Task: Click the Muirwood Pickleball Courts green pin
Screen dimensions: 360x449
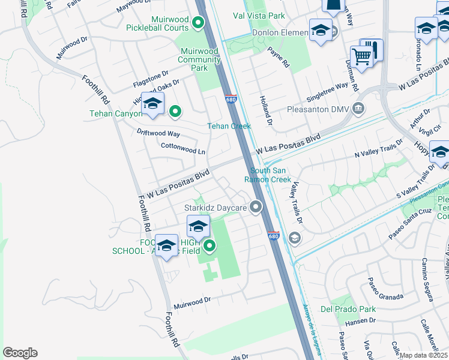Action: (x=199, y=23)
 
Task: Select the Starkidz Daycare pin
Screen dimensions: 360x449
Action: (x=257, y=208)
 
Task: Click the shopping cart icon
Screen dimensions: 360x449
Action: (x=362, y=58)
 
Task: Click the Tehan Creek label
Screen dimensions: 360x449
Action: (x=229, y=126)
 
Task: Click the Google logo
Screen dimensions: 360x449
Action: (x=20, y=352)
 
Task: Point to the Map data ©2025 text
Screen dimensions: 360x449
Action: (x=423, y=355)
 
